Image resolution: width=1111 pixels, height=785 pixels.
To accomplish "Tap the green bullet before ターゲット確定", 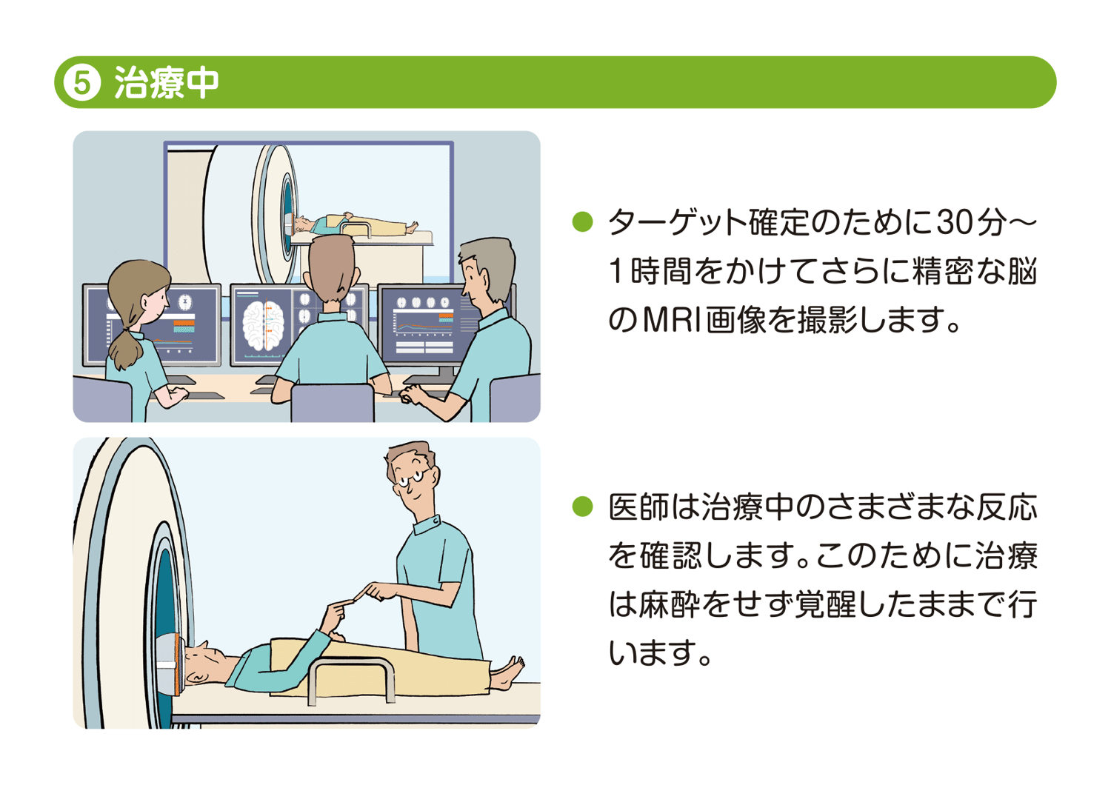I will click(x=583, y=221).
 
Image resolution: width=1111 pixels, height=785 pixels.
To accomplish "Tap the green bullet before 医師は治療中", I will click(x=583, y=507).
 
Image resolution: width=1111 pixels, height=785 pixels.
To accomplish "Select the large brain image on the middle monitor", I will click(x=263, y=326).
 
